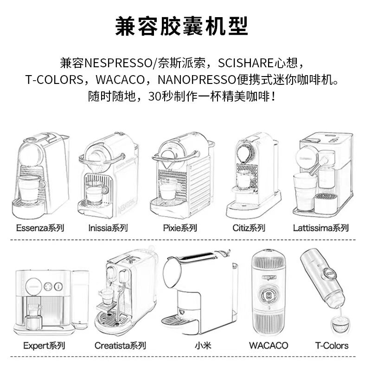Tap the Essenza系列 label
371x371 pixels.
coord(39,228)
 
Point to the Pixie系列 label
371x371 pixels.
coord(180,228)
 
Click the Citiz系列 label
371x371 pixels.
coord(249,228)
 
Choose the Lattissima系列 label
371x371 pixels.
coord(320,228)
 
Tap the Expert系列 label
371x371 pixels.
coord(44,345)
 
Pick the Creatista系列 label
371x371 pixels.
coord(120,345)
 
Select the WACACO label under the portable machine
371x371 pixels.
coord(268,345)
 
